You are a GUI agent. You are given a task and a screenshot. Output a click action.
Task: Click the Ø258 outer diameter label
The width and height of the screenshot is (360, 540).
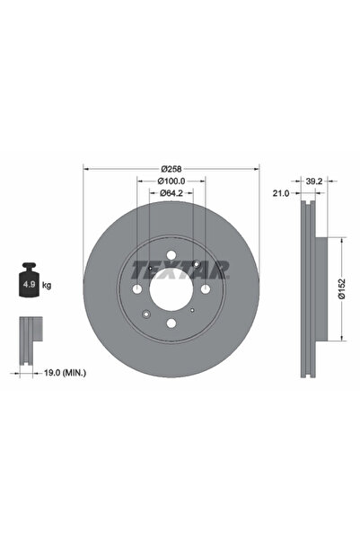171,168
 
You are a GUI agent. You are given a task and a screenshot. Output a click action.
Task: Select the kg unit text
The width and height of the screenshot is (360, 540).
46,286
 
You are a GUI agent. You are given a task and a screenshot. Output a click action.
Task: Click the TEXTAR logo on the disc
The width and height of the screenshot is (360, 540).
180,269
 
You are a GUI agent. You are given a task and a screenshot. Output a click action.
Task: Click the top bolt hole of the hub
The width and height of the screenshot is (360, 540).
171,255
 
